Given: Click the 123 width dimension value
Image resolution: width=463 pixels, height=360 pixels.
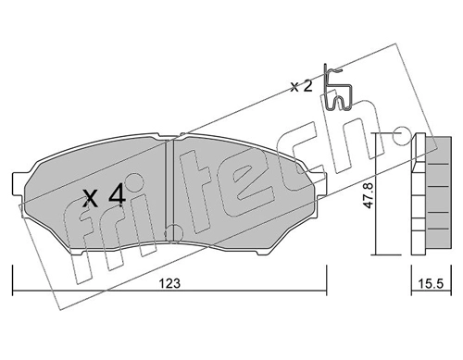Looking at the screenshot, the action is (x=169, y=283).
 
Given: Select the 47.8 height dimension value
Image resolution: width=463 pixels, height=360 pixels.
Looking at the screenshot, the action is (x=369, y=195).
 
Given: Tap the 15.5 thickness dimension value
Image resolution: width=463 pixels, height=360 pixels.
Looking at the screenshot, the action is (x=431, y=283).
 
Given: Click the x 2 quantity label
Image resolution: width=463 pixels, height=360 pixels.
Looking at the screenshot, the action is (x=302, y=87).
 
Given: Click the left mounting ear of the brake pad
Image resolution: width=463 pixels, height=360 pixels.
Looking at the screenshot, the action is (x=18, y=183).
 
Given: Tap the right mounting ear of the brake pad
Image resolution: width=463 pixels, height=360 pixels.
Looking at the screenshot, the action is (x=322, y=183).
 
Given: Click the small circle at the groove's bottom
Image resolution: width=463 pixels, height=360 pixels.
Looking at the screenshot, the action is (x=173, y=231).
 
